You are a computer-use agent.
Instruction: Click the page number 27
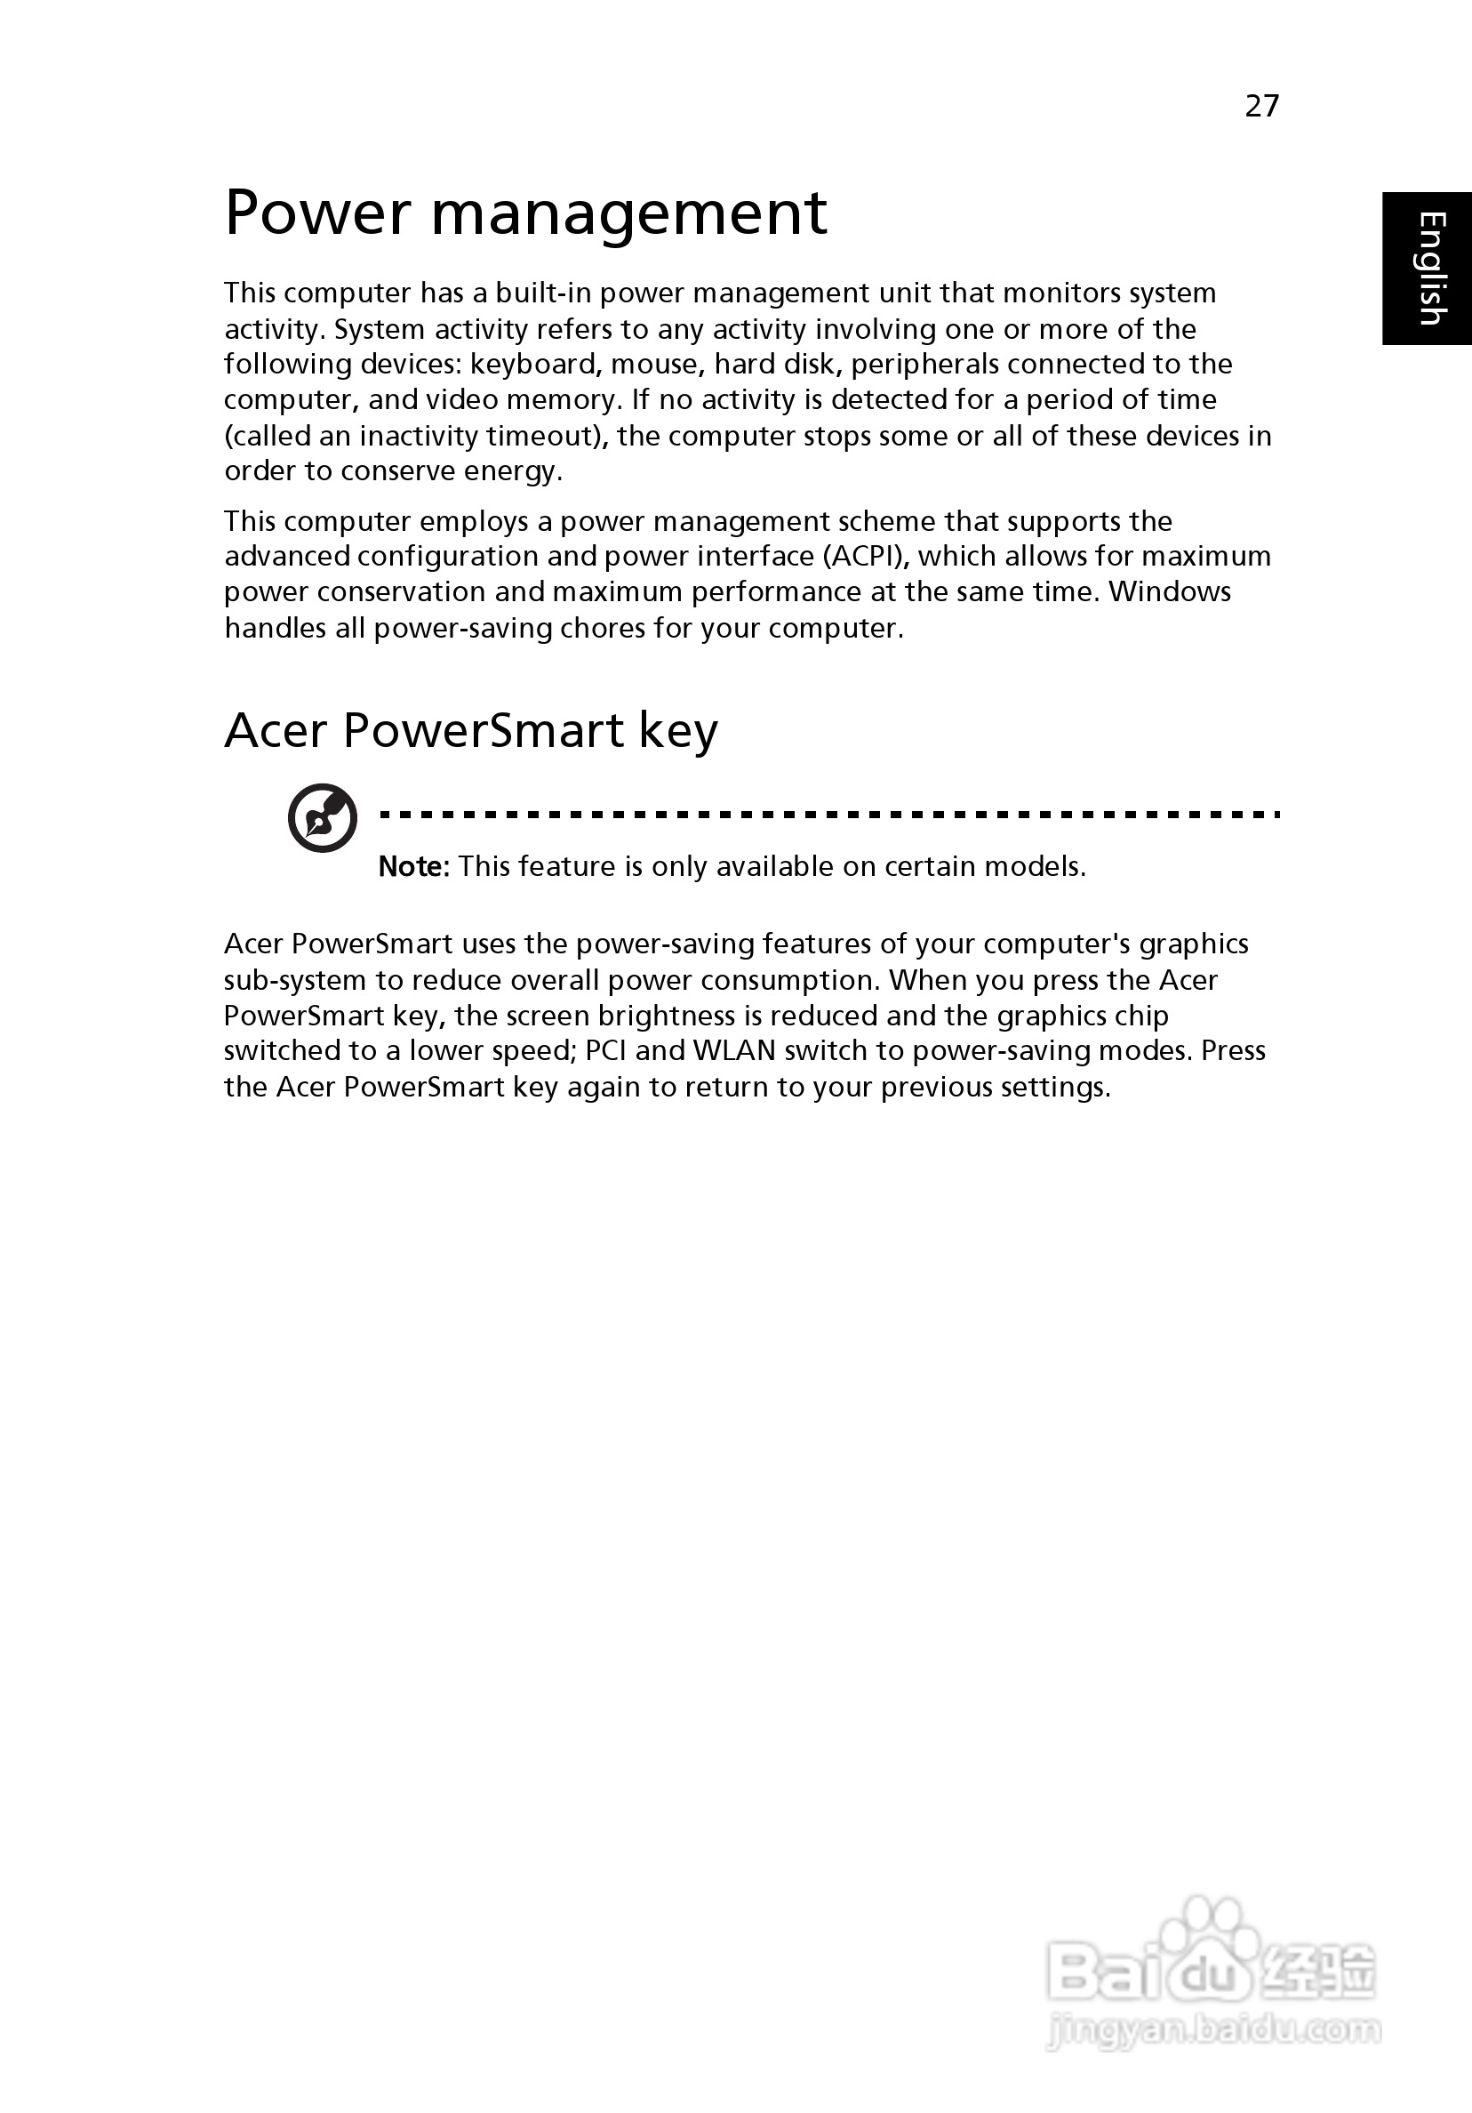1261,106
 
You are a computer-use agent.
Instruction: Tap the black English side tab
1427,268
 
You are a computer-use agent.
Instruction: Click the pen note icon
322,817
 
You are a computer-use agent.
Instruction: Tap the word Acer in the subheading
276,731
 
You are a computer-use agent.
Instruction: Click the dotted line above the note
828,815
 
